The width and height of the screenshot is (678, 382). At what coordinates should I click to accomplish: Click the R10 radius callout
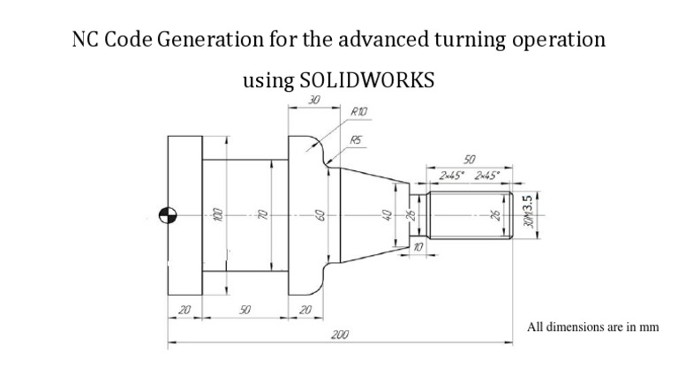pyautogui.click(x=359, y=112)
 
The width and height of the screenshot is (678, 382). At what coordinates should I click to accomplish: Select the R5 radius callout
pyautogui.click(x=357, y=139)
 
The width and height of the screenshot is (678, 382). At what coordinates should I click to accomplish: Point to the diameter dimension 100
pyautogui.click(x=214, y=214)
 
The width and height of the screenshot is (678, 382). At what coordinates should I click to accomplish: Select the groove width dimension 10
pyautogui.click(x=418, y=250)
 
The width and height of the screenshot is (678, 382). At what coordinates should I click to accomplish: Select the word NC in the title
pyautogui.click(x=86, y=41)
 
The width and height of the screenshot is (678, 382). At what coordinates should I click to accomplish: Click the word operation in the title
pyautogui.click(x=562, y=41)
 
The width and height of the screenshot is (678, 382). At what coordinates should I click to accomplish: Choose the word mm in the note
pyautogui.click(x=650, y=327)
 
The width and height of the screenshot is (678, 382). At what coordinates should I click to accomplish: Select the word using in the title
pyautogui.click(x=267, y=80)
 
